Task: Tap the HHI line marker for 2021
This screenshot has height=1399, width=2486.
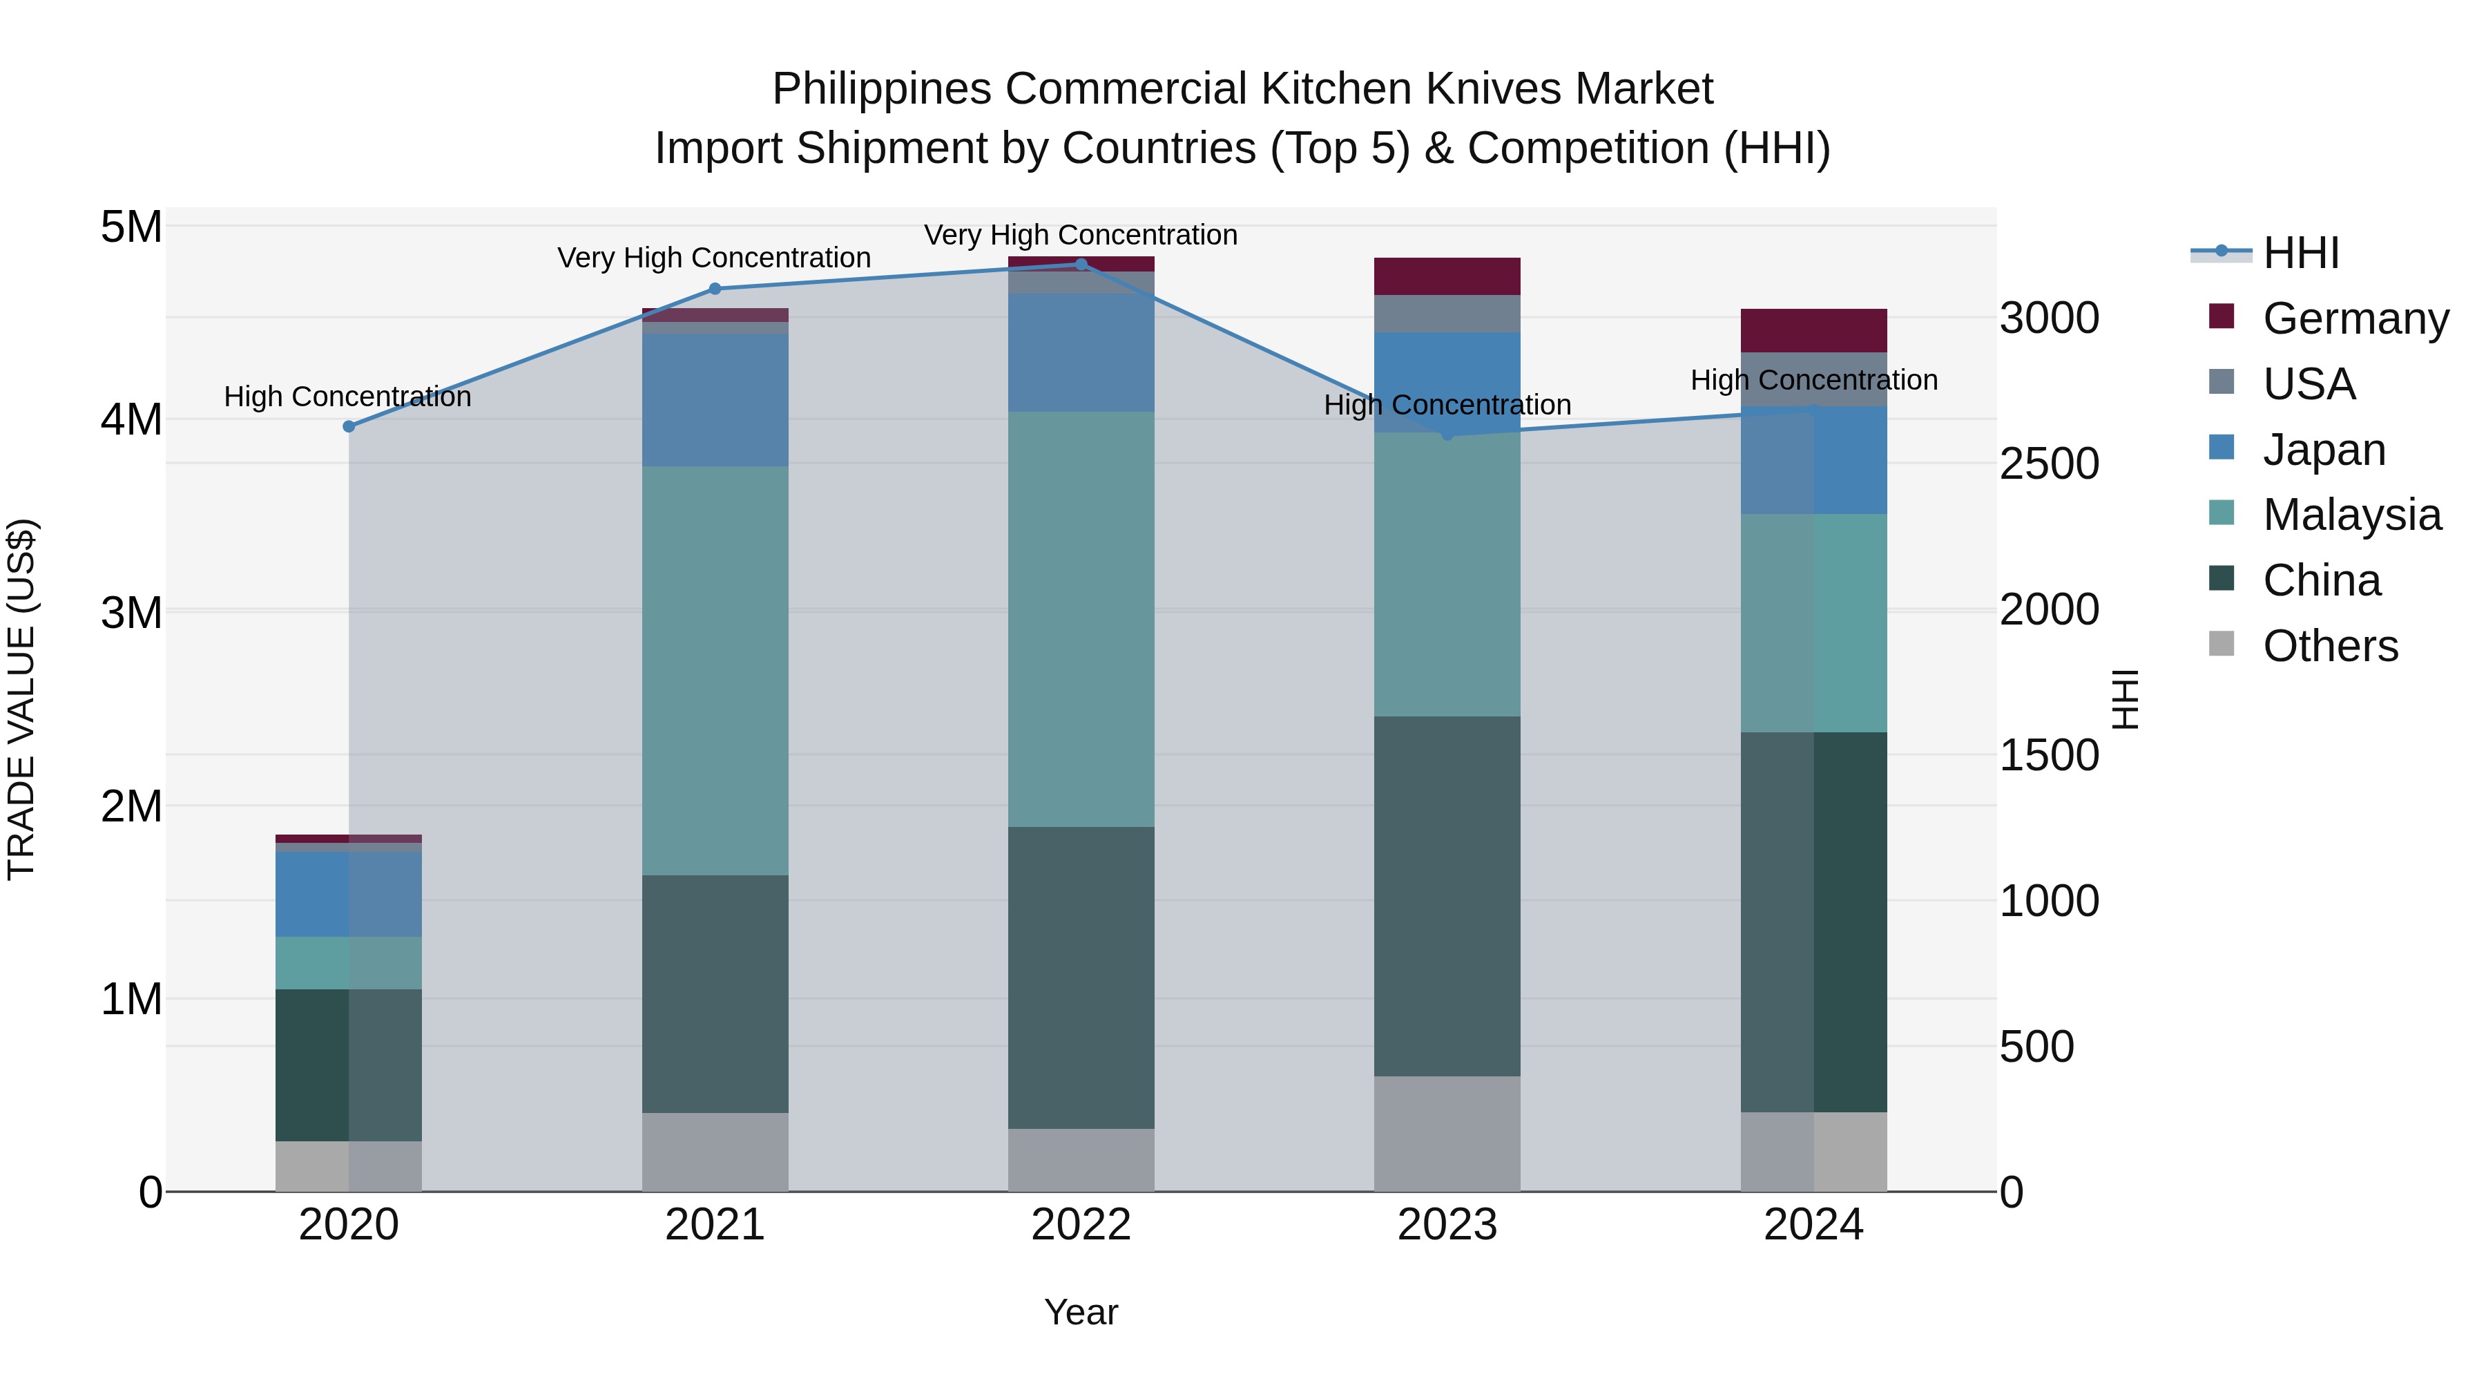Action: point(715,289)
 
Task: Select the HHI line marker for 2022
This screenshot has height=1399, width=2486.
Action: point(1081,265)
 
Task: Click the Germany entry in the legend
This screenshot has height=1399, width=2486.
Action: point(2355,318)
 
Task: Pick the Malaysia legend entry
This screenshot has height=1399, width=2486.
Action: point(2351,515)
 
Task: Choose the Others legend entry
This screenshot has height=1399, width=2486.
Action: point(2330,646)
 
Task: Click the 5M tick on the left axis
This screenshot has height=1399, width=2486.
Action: point(131,228)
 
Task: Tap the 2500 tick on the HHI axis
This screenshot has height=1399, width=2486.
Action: point(2049,464)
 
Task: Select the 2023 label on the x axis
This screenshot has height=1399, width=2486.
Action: point(1447,1225)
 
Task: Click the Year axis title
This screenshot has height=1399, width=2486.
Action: point(1081,1312)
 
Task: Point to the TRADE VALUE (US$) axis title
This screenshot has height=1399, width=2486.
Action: point(21,699)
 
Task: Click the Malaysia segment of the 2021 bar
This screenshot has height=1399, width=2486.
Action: point(715,671)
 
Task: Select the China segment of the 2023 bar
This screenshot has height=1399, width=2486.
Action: point(1447,896)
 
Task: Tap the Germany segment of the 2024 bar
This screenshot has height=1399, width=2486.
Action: point(1813,330)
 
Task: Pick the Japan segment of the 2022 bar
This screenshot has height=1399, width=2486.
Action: point(1081,352)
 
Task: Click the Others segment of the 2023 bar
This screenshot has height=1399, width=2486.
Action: point(1447,1134)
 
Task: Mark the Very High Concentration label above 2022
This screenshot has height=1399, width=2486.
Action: point(1081,236)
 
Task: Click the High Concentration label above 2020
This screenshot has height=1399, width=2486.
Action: point(347,397)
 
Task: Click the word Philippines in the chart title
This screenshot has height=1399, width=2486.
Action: point(881,90)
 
